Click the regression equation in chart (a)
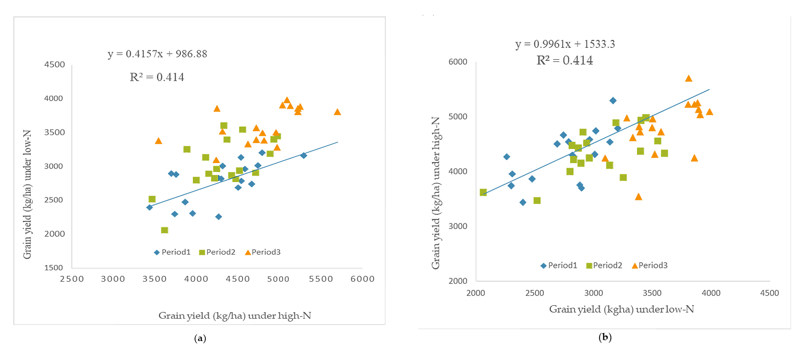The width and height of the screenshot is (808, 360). (157, 54)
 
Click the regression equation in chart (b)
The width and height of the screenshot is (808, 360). (565, 44)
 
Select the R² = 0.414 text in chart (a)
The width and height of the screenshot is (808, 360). (157, 77)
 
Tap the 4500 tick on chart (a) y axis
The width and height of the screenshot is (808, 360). (54, 65)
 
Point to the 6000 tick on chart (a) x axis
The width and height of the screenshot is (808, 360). (362, 279)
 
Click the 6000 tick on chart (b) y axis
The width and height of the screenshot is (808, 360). (458, 62)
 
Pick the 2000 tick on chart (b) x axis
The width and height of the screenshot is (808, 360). (476, 293)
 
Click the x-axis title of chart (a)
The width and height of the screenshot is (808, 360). (234, 316)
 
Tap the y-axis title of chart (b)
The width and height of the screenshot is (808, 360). (436, 193)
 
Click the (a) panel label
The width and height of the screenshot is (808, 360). (200, 339)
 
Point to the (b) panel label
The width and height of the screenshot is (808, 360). (605, 337)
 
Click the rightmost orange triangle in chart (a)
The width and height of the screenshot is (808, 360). (337, 112)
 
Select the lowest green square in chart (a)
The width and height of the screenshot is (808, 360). (164, 230)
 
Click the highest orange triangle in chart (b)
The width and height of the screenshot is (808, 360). (688, 79)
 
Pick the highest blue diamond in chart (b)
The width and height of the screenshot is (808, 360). (613, 101)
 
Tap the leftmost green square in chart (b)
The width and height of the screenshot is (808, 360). (483, 192)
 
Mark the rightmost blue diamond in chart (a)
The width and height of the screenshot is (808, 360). (304, 156)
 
